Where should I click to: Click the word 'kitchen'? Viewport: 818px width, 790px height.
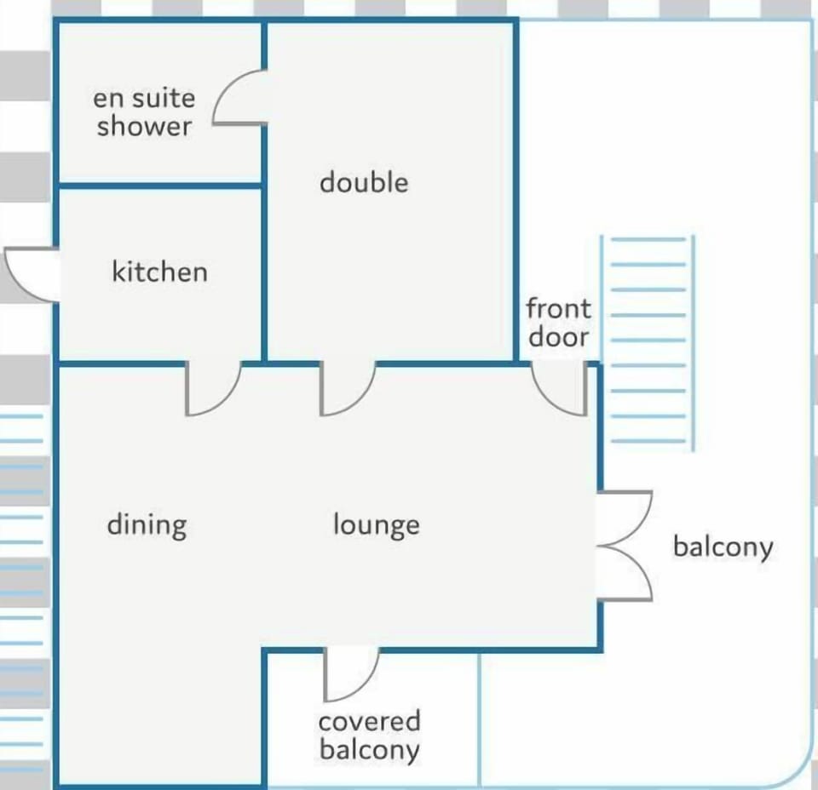[159, 272]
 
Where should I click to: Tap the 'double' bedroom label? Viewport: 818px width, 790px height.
[364, 182]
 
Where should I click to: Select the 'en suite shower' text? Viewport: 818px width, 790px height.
[144, 112]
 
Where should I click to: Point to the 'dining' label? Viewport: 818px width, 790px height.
[147, 525]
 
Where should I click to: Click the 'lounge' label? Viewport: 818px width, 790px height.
[376, 524]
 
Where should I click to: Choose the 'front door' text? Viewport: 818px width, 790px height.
[558, 323]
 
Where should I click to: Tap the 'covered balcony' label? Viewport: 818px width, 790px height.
[369, 736]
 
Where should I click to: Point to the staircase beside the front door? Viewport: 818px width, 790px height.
[648, 342]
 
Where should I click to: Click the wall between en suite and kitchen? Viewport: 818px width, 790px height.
[159, 185]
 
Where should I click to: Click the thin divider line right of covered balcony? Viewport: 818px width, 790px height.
[480, 720]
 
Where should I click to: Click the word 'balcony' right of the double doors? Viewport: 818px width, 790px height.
[723, 547]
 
